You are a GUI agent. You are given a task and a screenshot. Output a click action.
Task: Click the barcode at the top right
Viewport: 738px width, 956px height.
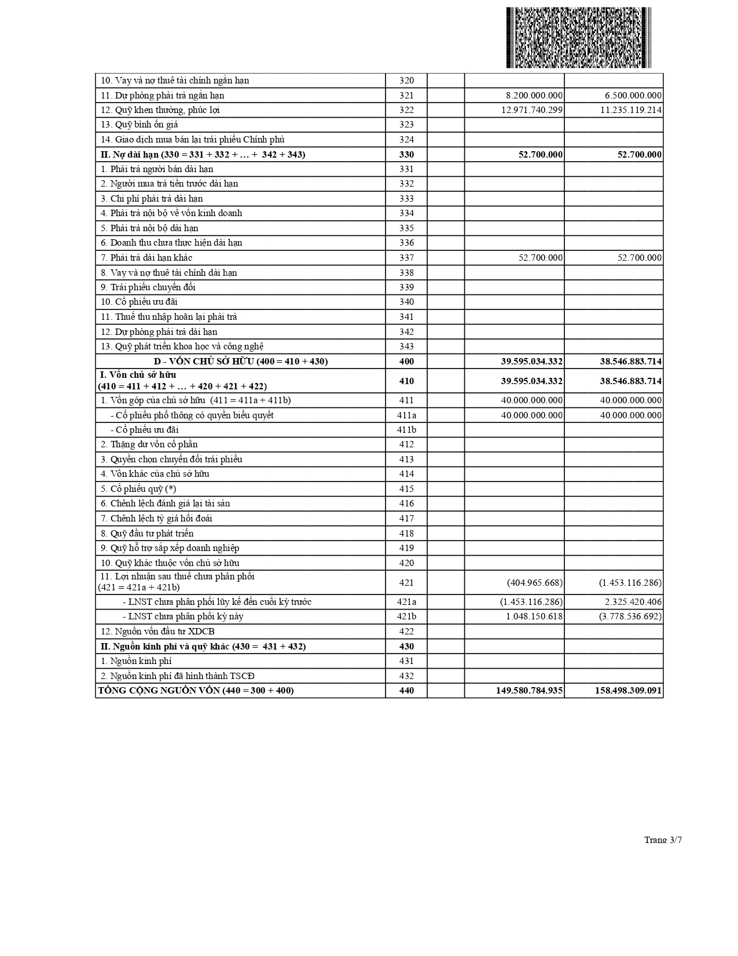[x=578, y=38]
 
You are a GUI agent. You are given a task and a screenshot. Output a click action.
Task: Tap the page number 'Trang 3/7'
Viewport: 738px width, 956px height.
[x=663, y=840]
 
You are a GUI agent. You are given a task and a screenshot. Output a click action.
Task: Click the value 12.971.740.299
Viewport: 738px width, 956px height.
[x=529, y=110]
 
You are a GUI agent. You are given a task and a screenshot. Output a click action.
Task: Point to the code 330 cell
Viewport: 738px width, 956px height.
[x=406, y=155]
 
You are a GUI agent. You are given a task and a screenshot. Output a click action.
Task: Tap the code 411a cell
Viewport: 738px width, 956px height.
[x=406, y=415]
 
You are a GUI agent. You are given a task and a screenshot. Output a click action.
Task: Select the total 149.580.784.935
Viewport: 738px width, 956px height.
[x=529, y=691]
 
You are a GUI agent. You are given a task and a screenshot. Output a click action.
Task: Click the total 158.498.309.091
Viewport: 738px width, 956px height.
[x=628, y=691]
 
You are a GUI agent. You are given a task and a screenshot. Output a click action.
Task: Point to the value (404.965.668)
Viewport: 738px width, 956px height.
[x=534, y=583]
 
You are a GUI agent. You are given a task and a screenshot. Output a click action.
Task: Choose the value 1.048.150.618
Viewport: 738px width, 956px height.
[x=534, y=616]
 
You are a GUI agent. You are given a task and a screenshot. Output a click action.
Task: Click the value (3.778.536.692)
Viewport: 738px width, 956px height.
[x=630, y=616]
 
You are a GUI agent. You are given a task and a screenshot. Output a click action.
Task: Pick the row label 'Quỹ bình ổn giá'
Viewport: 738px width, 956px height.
[x=139, y=125]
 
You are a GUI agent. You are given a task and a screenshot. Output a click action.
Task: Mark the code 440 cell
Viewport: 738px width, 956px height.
[x=406, y=691]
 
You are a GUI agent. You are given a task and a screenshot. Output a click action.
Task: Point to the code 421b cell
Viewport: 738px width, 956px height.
[x=406, y=616]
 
